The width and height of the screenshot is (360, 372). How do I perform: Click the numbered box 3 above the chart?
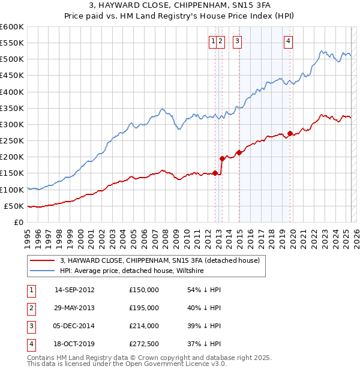(238, 41)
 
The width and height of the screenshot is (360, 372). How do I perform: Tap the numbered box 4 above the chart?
(289, 41)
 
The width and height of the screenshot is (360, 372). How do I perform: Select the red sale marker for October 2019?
(290, 133)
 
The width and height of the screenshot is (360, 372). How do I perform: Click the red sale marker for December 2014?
(239, 152)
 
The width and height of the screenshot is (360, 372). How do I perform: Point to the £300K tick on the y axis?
(13, 124)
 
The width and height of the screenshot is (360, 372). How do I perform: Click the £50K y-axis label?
(15, 206)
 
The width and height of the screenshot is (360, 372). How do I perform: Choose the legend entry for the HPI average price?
(131, 271)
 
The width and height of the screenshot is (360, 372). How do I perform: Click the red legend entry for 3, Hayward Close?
(159, 260)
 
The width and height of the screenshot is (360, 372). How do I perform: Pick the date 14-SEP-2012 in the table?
(74, 290)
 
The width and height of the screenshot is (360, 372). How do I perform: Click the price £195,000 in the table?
(144, 308)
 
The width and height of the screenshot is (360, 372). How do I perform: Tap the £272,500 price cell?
(144, 344)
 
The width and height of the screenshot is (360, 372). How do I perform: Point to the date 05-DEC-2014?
(74, 326)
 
